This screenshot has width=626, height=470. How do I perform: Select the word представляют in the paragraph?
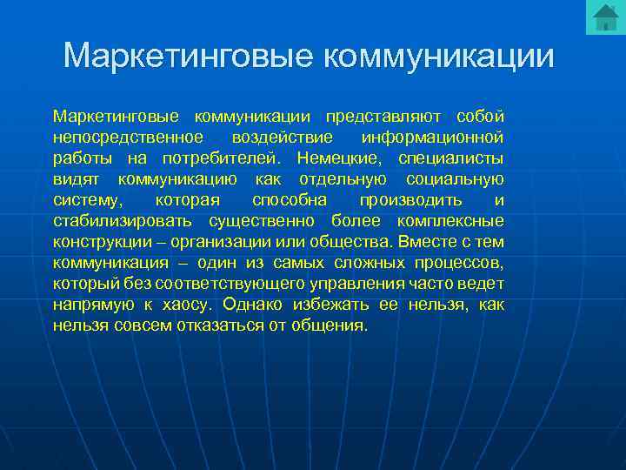pyautogui.click(x=379, y=117)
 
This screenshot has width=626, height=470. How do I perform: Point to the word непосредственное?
pyautogui.click(x=128, y=138)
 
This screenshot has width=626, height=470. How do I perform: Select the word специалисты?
pyautogui.click(x=450, y=158)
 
